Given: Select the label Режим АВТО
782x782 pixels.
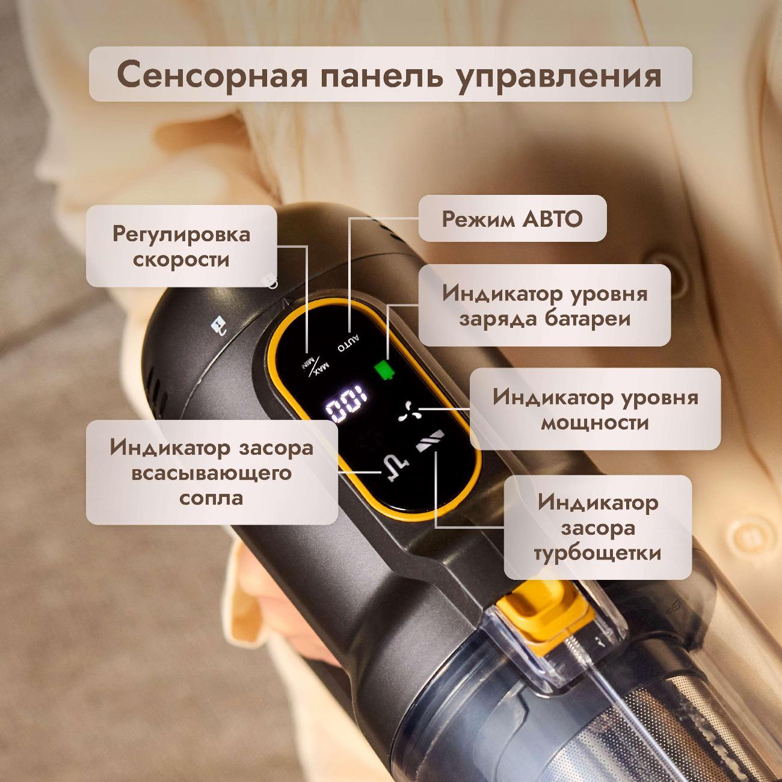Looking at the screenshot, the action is [512, 219].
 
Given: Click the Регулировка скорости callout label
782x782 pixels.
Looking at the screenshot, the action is [182, 246].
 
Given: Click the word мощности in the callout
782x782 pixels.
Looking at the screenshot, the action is [595, 423].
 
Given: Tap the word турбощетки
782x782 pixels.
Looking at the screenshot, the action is [598, 554].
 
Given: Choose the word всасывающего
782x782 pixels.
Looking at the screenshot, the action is [211, 473].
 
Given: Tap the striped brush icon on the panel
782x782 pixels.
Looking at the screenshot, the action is [429, 441].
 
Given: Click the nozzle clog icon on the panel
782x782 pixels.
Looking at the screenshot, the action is [397, 469].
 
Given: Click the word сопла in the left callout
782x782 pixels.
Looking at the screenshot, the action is [211, 499].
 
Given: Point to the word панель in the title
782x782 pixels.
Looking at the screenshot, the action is [380, 75].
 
